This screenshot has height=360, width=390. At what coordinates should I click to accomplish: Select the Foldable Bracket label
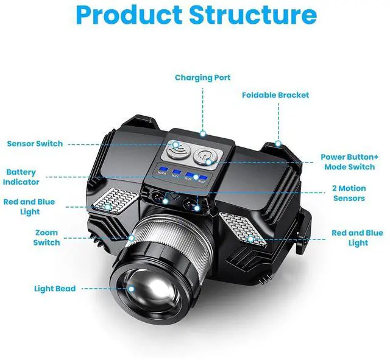275,95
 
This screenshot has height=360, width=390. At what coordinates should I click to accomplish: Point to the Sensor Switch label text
35,144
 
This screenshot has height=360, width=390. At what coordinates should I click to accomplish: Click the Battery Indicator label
21,177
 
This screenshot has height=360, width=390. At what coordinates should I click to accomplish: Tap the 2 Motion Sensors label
349,194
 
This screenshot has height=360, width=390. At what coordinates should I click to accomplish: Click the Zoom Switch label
46,238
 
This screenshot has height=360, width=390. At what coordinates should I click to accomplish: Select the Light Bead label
55,288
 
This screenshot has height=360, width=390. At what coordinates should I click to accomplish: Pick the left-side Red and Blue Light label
29,207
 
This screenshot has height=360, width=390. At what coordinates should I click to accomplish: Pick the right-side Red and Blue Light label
357,238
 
